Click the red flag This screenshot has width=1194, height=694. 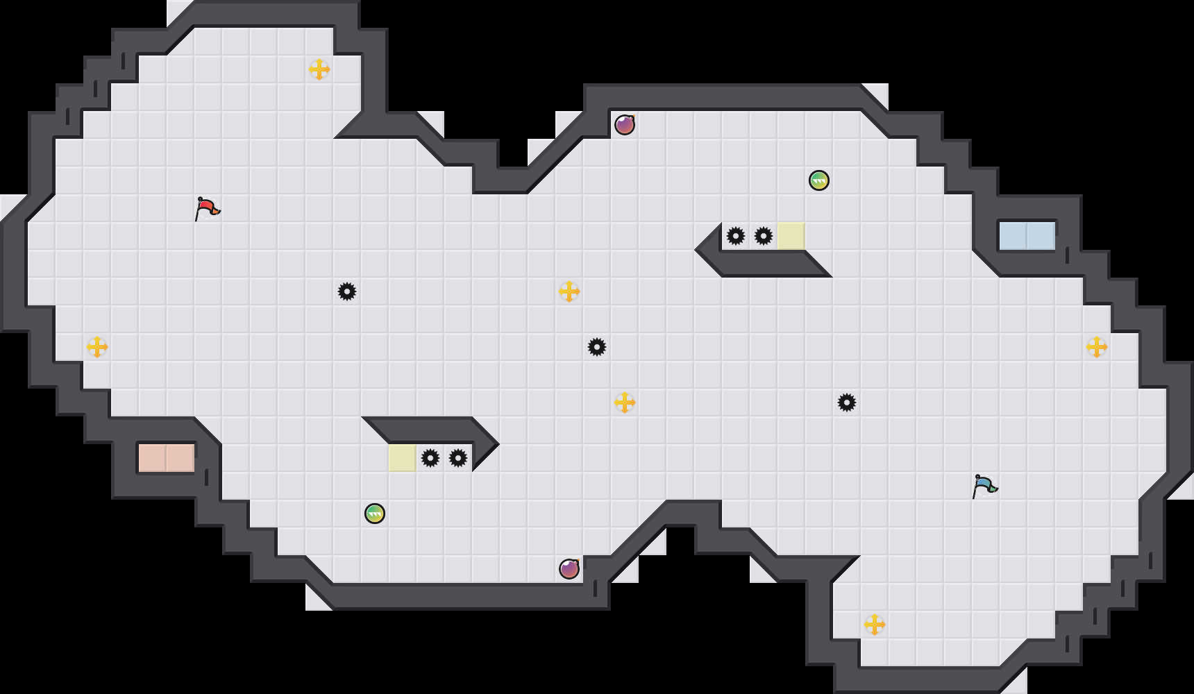click(207, 208)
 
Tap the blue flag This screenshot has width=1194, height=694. click(984, 486)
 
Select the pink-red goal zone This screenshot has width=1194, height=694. click(167, 458)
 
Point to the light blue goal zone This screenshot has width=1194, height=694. click(1027, 236)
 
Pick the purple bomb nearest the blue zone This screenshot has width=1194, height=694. click(625, 125)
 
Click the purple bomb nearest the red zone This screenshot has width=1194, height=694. click(569, 569)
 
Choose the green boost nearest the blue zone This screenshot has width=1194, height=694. click(819, 180)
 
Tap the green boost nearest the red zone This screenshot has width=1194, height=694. click(375, 514)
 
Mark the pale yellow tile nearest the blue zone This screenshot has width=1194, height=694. click(791, 236)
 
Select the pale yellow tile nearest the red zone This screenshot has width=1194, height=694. click(403, 458)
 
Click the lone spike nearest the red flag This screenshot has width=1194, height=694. click(347, 291)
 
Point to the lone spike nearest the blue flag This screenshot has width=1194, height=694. click(847, 403)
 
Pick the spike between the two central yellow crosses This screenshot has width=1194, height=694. click(597, 347)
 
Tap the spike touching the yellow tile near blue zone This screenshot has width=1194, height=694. click(764, 236)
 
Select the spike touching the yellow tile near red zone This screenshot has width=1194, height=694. click(430, 458)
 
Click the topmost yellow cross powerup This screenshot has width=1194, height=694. click(319, 69)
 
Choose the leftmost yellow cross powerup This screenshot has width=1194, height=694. click(97, 347)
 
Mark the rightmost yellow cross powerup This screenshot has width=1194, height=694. click(1097, 347)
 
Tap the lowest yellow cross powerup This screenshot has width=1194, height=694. click(875, 625)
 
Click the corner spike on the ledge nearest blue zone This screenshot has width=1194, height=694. click(736, 236)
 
